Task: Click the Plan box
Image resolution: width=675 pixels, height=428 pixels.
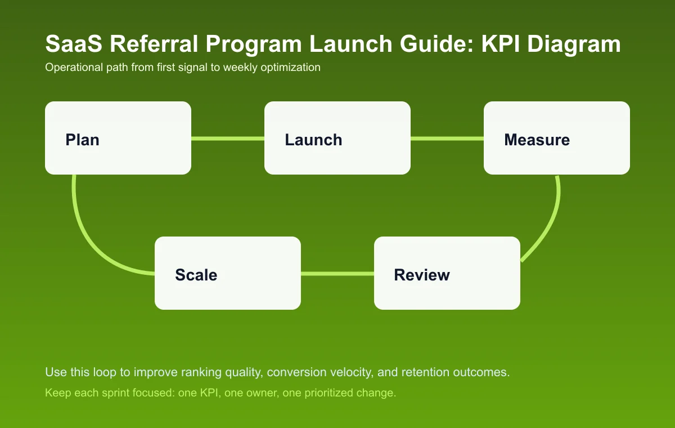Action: click(118, 138)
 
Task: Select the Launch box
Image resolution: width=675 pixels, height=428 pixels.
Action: click(337, 138)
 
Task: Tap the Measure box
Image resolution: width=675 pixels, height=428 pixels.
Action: click(557, 138)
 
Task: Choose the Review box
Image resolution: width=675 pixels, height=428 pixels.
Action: click(447, 273)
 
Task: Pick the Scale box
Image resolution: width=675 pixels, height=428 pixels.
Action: click(228, 273)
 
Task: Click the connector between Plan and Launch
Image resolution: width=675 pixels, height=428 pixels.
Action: click(228, 138)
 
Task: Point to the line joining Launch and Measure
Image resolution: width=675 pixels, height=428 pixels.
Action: click(447, 138)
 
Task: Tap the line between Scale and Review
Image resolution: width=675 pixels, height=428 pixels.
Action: click(337, 274)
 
